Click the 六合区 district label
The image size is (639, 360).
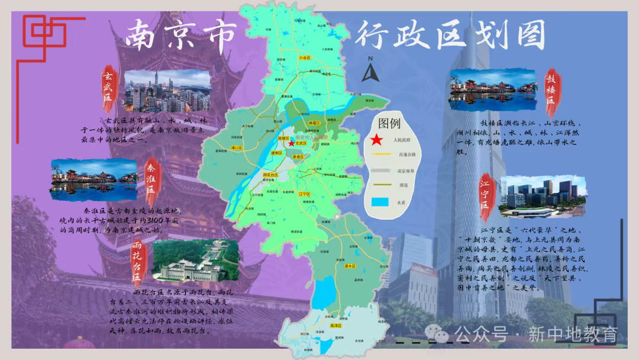click(305, 58)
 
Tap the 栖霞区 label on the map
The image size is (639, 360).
click(314, 123)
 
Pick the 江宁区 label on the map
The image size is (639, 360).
click(305, 194)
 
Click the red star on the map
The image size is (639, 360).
click(291, 143)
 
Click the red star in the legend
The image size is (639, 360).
click(376, 140)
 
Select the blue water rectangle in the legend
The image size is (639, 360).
click(380, 202)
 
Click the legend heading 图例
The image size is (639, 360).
click(389, 124)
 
